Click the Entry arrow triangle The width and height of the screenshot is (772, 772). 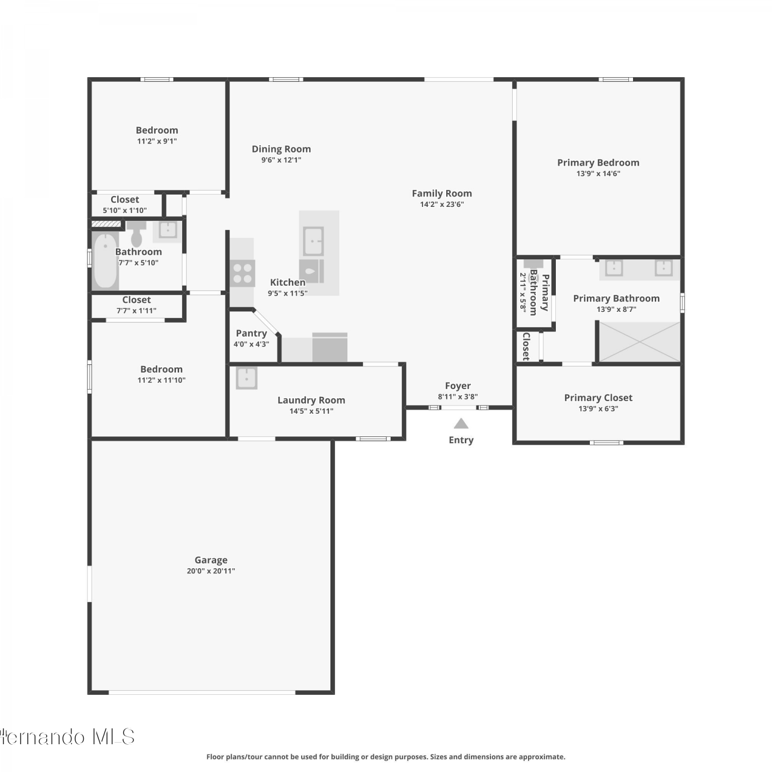461,424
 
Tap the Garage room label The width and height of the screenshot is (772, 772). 211,560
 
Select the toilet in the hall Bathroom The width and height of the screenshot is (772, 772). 136,234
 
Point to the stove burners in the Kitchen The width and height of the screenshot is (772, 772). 242,273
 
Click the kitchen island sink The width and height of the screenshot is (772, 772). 313,241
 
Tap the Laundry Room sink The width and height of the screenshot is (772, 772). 247,378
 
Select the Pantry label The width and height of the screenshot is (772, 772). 251,334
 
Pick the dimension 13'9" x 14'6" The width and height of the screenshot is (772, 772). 598,174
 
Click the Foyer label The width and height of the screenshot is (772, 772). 458,386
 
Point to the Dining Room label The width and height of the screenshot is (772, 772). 281,149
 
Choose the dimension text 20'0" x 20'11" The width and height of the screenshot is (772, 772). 211,571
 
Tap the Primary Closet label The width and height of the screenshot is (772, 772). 598,398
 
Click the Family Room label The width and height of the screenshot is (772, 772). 442,194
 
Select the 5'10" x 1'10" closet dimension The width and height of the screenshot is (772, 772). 125,210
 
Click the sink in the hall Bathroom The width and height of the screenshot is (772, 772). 168,230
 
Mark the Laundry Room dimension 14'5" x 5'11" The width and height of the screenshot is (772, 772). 311,411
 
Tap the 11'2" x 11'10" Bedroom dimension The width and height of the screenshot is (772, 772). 162,380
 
